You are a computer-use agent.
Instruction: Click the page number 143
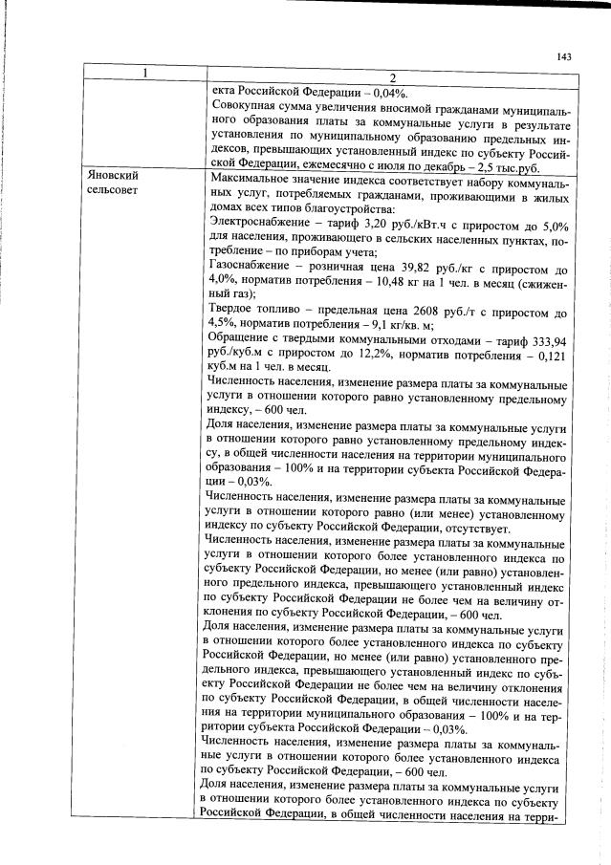pyautogui.click(x=563, y=56)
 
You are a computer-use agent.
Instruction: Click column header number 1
pyautogui.click(x=144, y=76)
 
